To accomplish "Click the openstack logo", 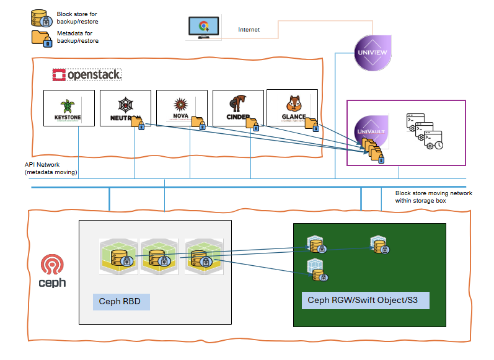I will pos(87,75).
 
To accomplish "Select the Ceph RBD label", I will pos(120,302).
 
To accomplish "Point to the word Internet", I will pos(249,30).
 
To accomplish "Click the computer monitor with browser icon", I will pos(203,29).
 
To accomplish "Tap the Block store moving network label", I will pos(433,197).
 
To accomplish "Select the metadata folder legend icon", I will pos(41,37).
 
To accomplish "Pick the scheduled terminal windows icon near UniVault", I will pos(425,131).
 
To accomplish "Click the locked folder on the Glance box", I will pos(311,125).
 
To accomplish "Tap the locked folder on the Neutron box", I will pos(138,124).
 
